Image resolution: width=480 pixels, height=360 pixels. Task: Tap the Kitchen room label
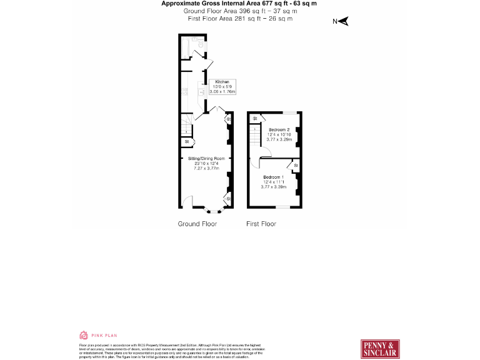coord(222,82)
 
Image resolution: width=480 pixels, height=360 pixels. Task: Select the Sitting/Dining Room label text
coord(206,159)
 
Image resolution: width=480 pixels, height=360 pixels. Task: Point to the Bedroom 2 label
coord(279,130)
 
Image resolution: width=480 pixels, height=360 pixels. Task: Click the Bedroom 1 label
coord(273,177)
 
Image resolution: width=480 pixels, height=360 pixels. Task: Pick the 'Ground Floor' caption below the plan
coord(197,224)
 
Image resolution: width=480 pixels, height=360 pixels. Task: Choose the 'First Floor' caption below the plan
coord(261,224)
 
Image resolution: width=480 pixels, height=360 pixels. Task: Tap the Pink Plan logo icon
coord(82,335)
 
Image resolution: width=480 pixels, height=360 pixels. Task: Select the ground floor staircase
coord(186,129)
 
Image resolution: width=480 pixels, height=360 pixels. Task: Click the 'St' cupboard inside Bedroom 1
coord(296,165)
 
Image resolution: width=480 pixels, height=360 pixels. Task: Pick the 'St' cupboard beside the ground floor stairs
coord(186,142)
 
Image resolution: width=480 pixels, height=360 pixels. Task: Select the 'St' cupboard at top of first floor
coord(255,117)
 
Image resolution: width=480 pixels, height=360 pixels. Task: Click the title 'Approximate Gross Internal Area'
coord(212,4)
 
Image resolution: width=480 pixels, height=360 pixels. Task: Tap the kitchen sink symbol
coord(202,91)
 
